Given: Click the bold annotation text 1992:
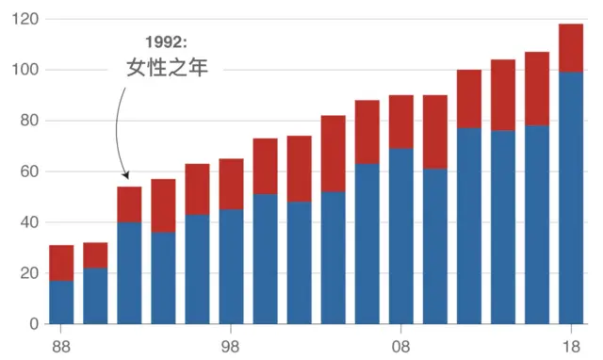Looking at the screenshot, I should [x=166, y=42].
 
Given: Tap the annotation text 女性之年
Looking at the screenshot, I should [x=167, y=68].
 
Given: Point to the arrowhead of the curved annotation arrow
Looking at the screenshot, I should [x=126, y=174].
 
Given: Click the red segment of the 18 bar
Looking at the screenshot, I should [x=571, y=48].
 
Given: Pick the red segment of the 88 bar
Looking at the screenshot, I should [x=61, y=263].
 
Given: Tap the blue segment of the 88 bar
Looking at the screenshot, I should [x=61, y=302].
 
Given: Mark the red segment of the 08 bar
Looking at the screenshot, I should [x=401, y=122].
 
